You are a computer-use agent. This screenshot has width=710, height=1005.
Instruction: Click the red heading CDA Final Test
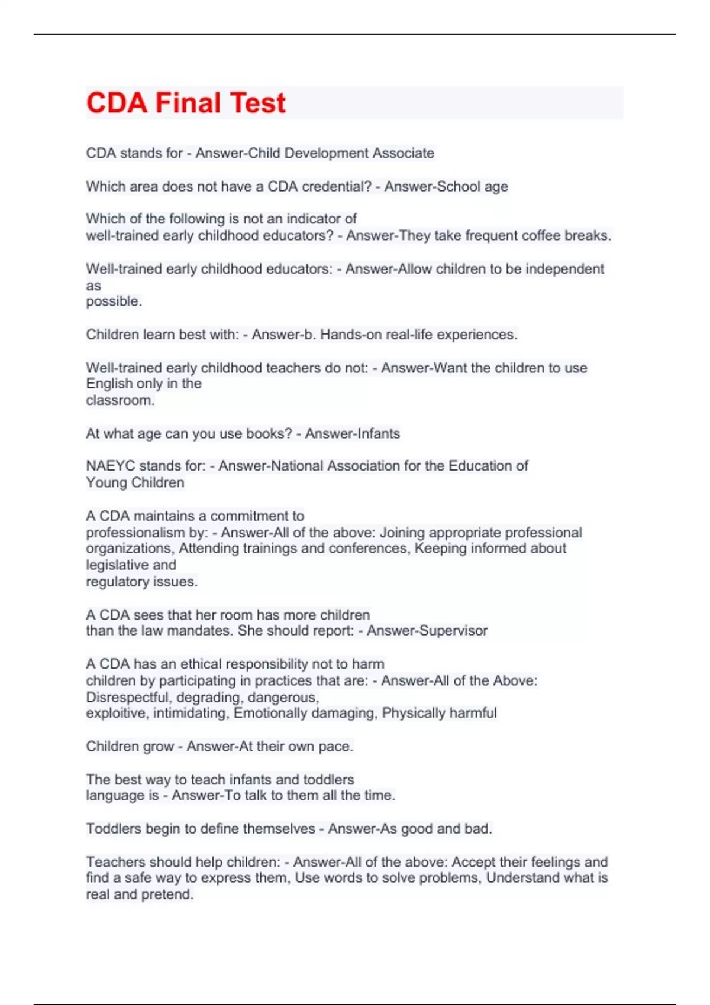[186, 103]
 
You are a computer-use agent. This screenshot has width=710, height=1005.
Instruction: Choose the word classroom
[120, 400]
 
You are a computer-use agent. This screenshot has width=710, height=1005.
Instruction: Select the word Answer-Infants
[353, 433]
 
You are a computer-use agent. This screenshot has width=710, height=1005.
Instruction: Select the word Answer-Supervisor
[427, 631]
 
